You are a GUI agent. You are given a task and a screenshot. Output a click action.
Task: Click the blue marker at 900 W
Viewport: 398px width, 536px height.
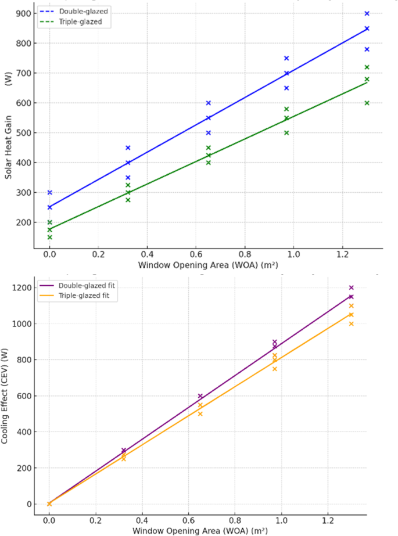point(367,13)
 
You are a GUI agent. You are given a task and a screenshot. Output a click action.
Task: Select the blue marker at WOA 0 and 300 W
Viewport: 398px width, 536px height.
point(50,192)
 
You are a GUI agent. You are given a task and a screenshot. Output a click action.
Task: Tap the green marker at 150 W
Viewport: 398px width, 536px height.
point(50,237)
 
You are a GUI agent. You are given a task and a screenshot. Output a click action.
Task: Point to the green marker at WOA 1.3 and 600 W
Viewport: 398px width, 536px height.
point(367,103)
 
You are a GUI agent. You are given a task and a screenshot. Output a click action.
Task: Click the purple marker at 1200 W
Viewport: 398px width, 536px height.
point(351,287)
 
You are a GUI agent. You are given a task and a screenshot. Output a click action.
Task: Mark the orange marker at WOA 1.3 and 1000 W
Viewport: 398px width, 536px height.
point(351,323)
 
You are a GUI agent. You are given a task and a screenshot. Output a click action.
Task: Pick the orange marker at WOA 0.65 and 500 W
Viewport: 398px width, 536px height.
point(200,413)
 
